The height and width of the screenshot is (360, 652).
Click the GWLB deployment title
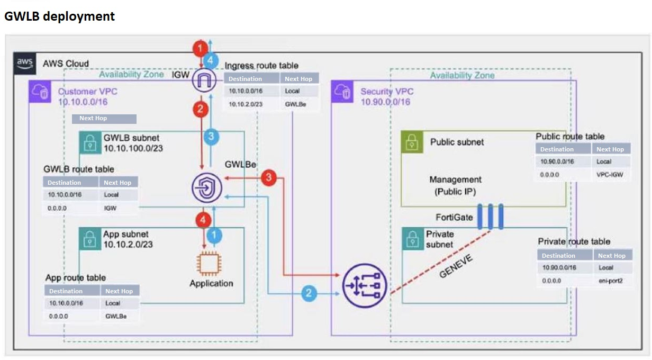click(59, 16)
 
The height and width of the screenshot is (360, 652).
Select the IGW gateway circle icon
click(202, 80)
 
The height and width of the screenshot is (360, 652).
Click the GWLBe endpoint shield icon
click(207, 187)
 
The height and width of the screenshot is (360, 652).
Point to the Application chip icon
click(210, 263)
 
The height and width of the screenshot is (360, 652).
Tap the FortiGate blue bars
click(491, 216)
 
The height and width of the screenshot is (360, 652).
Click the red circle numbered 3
click(269, 177)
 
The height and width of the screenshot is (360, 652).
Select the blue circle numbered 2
click(310, 293)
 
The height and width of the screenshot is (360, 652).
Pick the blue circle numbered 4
click(211, 59)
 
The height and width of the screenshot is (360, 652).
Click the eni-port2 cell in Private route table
click(611, 281)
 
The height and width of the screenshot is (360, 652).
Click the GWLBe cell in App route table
click(119, 316)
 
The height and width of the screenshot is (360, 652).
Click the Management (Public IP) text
click(456, 186)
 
